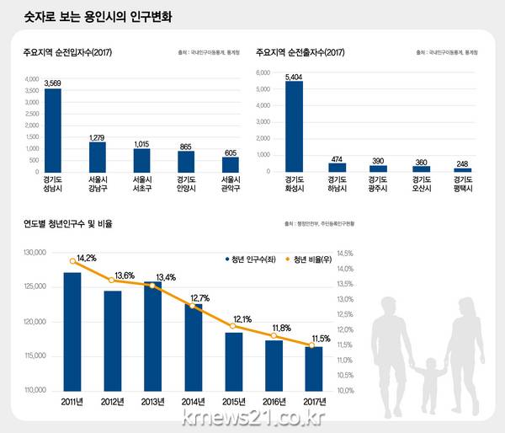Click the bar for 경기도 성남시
tap(53, 130)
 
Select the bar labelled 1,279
tap(98, 157)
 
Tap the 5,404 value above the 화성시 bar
tap(294, 77)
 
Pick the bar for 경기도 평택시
tap(462, 169)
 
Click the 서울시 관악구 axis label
tap(230, 184)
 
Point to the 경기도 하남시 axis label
tap(338, 184)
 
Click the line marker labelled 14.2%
tap(72, 261)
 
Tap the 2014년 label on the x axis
tap(194, 401)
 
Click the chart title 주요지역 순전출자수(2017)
tap(300, 52)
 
